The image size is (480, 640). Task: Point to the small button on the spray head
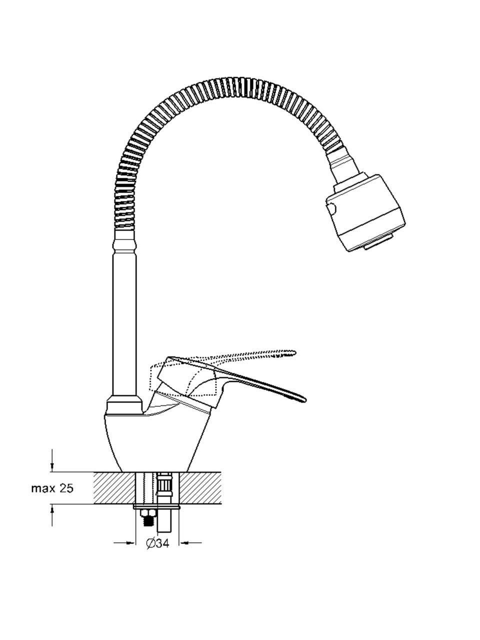(x=331, y=209)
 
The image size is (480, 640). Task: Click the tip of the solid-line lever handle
(x=305, y=399)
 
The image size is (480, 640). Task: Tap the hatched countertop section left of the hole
(x=114, y=487)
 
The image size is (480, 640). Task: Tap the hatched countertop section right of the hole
(x=200, y=487)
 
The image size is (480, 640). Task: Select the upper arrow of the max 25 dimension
(x=52, y=460)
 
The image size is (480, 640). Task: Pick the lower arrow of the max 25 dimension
(x=52, y=514)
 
